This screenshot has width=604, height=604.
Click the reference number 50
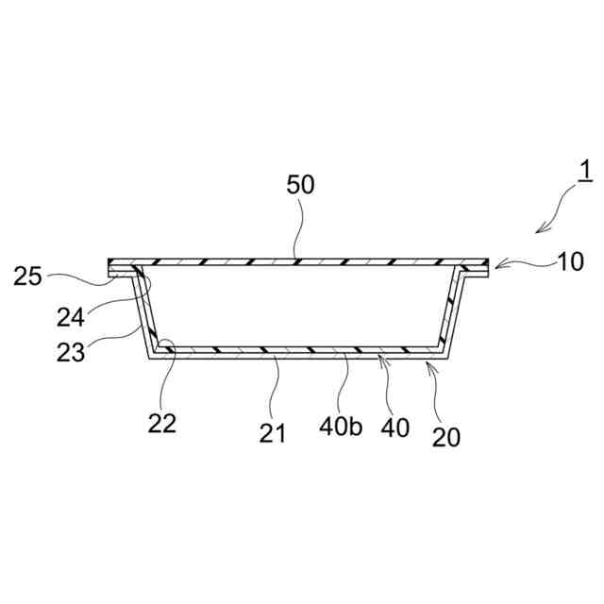301,184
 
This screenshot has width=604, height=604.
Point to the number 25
28,277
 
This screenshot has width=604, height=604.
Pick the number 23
70,352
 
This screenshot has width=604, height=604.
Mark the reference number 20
446,437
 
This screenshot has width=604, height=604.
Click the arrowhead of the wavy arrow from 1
539,229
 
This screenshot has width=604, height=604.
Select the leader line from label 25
80,276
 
